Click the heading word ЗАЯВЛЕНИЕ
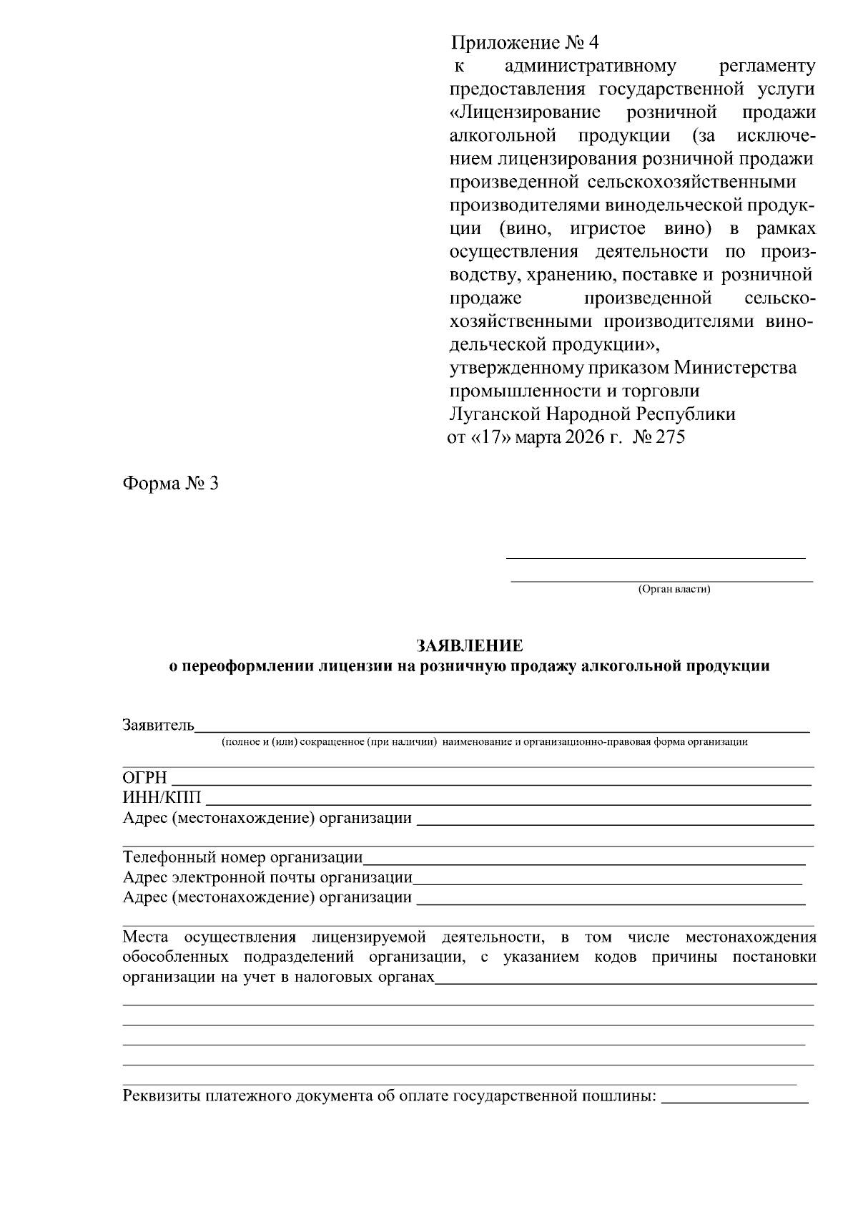(x=470, y=646)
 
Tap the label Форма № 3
(x=170, y=484)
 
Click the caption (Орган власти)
(x=674, y=590)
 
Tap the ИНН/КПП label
(x=162, y=798)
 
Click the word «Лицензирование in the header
(x=525, y=112)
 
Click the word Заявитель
(x=158, y=726)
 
